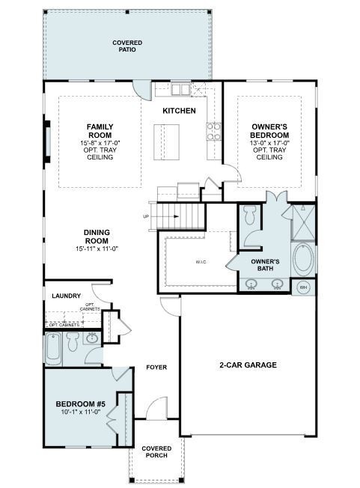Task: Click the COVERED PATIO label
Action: pyautogui.click(x=127, y=46)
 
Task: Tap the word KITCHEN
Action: pyautogui.click(x=179, y=111)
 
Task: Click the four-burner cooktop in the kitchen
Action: pyautogui.click(x=213, y=132)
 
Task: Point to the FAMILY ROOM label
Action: pyautogui.click(x=100, y=130)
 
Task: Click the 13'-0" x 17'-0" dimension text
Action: pyautogui.click(x=269, y=143)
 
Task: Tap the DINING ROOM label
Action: pyautogui.click(x=97, y=237)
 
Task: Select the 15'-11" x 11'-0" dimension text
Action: pyautogui.click(x=97, y=248)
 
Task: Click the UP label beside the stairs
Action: pyautogui.click(x=146, y=217)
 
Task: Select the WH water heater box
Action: pyautogui.click(x=303, y=287)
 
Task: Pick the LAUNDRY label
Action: pyautogui.click(x=66, y=296)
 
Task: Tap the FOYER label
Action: pyautogui.click(x=156, y=367)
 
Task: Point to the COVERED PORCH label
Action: pyautogui.click(x=156, y=452)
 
